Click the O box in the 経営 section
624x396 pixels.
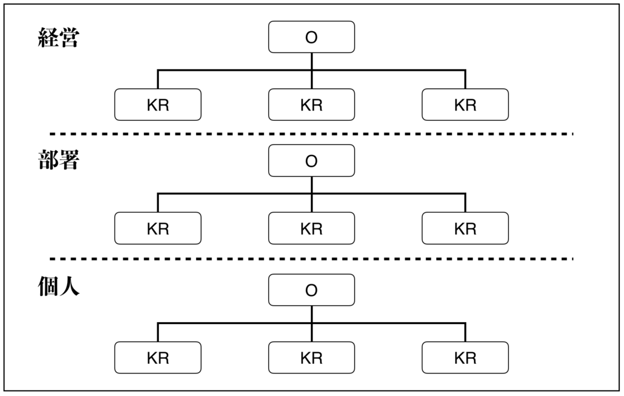pyautogui.click(x=311, y=37)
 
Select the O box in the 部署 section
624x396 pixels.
pyautogui.click(x=311, y=160)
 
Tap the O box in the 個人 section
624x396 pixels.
pyautogui.click(x=311, y=290)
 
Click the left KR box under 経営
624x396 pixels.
pyautogui.click(x=158, y=105)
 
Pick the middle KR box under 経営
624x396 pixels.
pyautogui.click(x=311, y=105)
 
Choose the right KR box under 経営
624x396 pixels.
pyautogui.click(x=465, y=105)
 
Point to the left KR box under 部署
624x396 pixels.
pyautogui.click(x=158, y=228)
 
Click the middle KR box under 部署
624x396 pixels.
pyautogui.click(x=311, y=228)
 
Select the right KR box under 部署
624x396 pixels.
pyautogui.click(x=465, y=228)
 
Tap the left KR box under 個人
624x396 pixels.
pyautogui.click(x=158, y=358)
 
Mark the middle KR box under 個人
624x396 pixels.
pyautogui.click(x=311, y=358)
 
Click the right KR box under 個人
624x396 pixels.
pyautogui.click(x=465, y=358)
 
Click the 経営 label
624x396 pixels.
pyautogui.click(x=59, y=38)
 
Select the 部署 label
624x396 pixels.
pyautogui.click(x=59, y=160)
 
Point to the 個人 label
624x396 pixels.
pyautogui.click(x=59, y=286)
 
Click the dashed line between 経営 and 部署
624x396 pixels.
pyautogui.click(x=311, y=134)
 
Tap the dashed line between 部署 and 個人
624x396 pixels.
pyautogui.click(x=311, y=259)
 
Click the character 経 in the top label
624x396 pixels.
pyautogui.click(x=48, y=38)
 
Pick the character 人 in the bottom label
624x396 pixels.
pyautogui.click(x=69, y=286)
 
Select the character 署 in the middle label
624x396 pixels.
pyautogui.click(x=69, y=160)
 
